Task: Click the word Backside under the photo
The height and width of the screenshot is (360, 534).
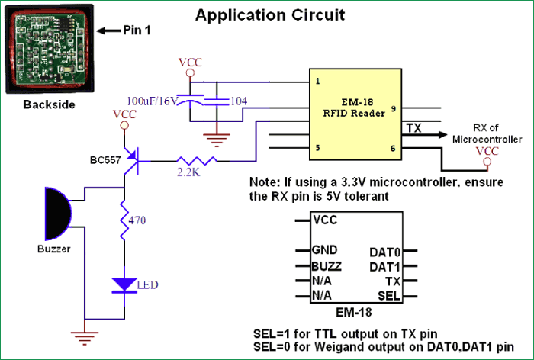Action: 49,104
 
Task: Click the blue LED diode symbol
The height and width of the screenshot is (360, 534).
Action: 123,285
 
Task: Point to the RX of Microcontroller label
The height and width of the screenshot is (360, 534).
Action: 487,134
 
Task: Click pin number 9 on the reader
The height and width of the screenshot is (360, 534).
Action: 393,109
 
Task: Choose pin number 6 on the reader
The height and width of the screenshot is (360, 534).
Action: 393,149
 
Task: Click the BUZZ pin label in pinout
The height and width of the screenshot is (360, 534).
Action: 327,266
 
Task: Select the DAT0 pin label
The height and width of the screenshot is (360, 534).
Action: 385,251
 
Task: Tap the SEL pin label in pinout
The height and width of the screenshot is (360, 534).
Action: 389,295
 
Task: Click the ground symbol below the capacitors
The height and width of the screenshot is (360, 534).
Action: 217,138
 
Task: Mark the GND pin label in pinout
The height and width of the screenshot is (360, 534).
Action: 324,250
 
